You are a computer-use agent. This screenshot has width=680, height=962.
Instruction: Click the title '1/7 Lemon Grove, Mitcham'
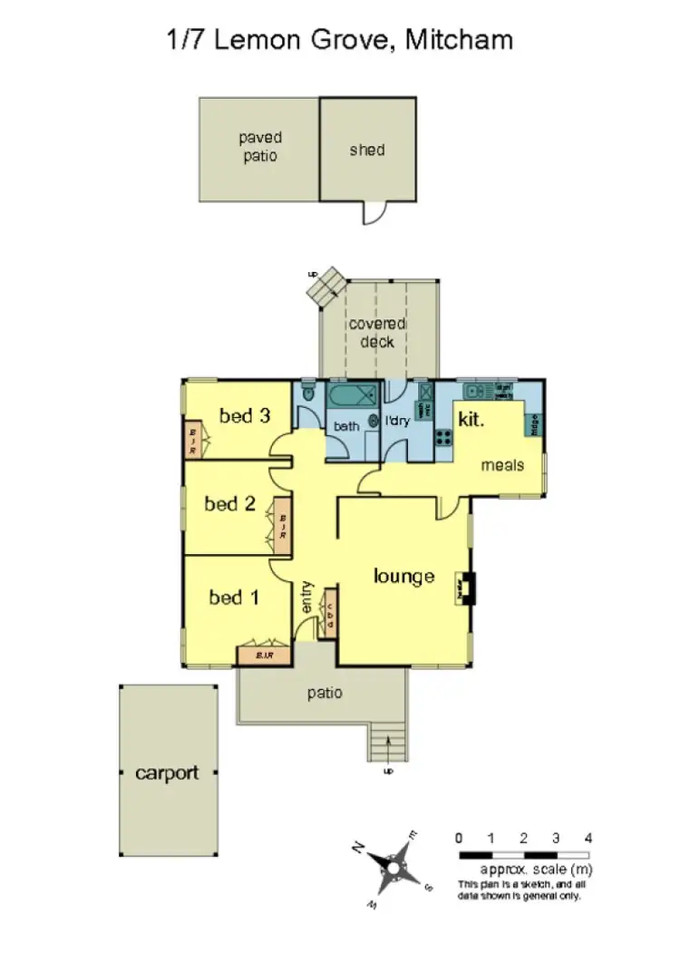click(340, 40)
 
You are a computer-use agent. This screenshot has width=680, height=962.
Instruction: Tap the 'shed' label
click(367, 150)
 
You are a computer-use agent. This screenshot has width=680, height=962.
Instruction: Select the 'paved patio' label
click(260, 146)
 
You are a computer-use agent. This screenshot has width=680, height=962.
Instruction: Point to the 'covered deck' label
click(377, 333)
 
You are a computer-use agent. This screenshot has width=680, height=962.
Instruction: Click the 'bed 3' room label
click(245, 416)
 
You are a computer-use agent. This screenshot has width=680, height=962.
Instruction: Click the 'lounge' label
click(404, 576)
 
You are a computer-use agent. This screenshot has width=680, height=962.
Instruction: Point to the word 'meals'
click(502, 465)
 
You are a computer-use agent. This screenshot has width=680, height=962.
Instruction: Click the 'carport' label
click(167, 773)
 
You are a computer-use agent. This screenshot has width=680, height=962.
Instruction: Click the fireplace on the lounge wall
click(466, 588)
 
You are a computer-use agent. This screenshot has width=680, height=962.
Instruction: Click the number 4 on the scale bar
click(588, 838)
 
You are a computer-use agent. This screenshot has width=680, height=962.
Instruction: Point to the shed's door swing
click(374, 212)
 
